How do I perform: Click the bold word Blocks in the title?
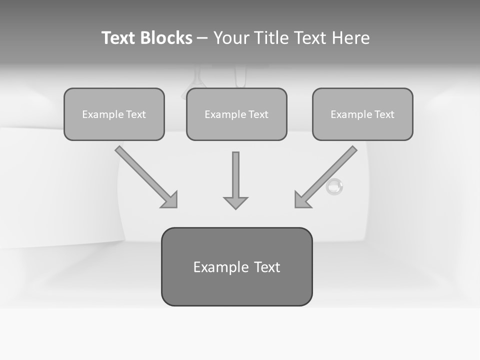coord(166,38)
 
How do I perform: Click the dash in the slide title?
coord(202,38)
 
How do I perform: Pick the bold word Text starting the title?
coord(119,38)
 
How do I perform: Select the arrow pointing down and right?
coord(145,176)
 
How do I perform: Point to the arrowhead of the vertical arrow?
coord(235,202)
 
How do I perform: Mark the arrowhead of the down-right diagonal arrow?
coord(170,200)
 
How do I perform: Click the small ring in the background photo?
coord(334,186)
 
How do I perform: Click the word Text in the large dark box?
coord(267,267)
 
